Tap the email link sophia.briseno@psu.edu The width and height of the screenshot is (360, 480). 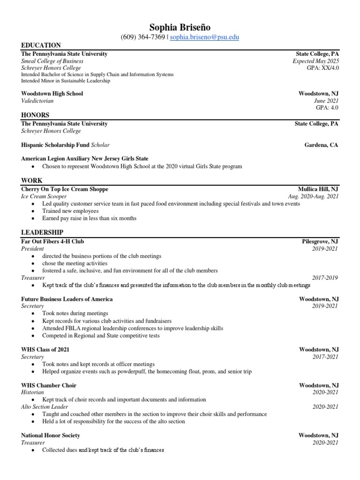(x=204, y=37)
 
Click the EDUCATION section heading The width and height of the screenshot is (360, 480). (x=41, y=45)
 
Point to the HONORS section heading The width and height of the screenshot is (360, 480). (x=35, y=115)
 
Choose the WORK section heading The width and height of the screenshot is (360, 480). (x=31, y=180)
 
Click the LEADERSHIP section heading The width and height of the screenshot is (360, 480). (x=42, y=232)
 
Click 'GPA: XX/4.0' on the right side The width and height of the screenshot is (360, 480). (x=322, y=68)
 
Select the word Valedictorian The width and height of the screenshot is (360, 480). (x=37, y=101)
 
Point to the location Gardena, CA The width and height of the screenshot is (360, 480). (x=321, y=145)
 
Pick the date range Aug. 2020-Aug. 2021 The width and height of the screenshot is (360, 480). (x=313, y=197)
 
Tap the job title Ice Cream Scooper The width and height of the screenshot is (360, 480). (x=44, y=197)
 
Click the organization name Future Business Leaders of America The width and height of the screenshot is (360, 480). (x=67, y=299)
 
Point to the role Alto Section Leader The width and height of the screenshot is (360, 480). (x=45, y=407)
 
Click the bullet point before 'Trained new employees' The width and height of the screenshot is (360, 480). (x=32, y=211)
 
